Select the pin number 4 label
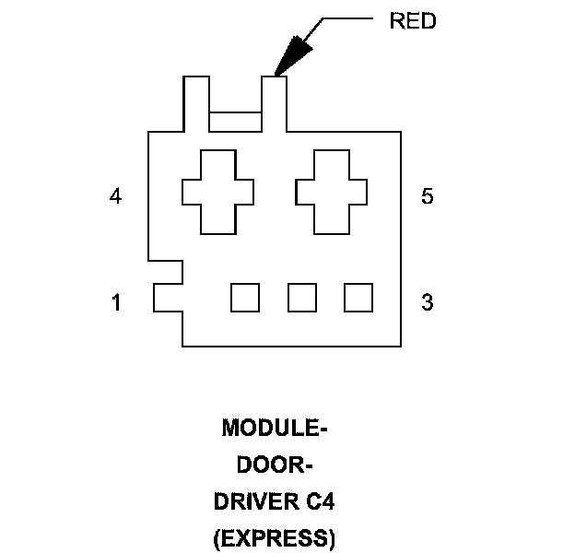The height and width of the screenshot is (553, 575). click(x=115, y=196)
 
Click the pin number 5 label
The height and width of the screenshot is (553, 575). click(x=427, y=196)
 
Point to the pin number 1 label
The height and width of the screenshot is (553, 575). click(x=115, y=301)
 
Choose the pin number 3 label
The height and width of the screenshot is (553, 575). click(x=427, y=301)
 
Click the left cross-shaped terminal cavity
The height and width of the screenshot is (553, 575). click(x=217, y=192)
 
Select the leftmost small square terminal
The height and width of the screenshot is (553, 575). click(x=244, y=297)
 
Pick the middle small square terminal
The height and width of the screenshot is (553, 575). click(x=301, y=297)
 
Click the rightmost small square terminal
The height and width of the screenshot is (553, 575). click(x=358, y=297)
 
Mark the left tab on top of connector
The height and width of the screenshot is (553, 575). click(x=196, y=103)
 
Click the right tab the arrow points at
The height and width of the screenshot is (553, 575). click(x=276, y=103)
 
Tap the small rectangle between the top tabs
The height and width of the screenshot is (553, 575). click(x=236, y=122)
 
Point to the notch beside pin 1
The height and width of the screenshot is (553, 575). click(x=168, y=297)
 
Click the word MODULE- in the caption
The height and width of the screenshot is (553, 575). click(x=275, y=429)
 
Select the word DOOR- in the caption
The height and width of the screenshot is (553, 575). click(x=275, y=465)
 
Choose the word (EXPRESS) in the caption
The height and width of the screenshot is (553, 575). click(x=275, y=539)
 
